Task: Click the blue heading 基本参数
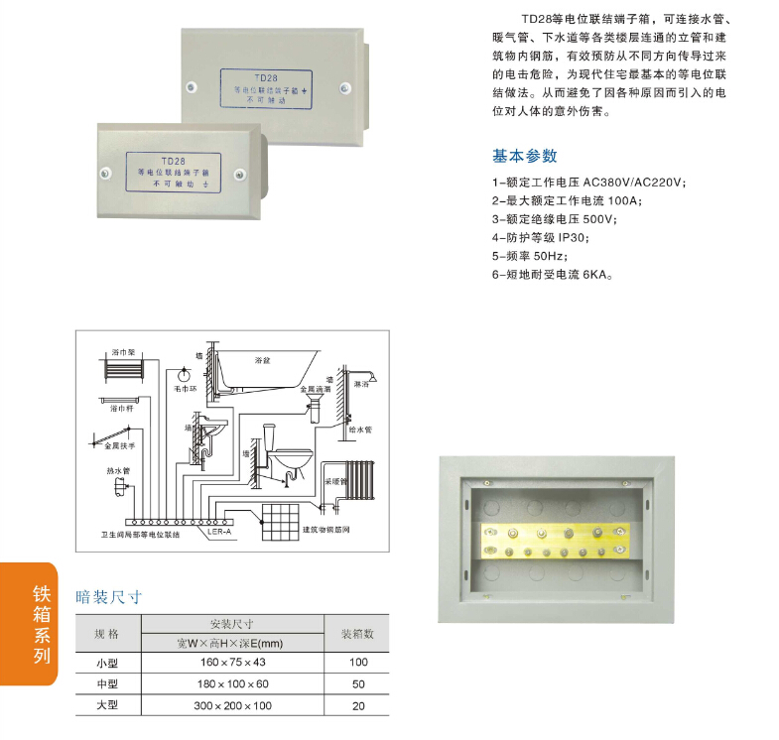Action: coord(525,156)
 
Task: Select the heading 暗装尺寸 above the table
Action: coord(109,597)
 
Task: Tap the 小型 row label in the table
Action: coord(106,662)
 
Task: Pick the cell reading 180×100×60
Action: coord(232,684)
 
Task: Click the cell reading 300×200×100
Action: coord(232,706)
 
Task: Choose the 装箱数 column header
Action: coord(357,633)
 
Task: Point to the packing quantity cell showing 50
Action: coord(357,684)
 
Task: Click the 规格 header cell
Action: coord(106,633)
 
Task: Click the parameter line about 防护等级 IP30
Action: coord(540,237)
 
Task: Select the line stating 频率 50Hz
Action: coord(530,255)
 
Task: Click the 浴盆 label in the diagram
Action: coord(262,360)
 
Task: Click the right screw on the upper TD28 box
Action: coord(342,87)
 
